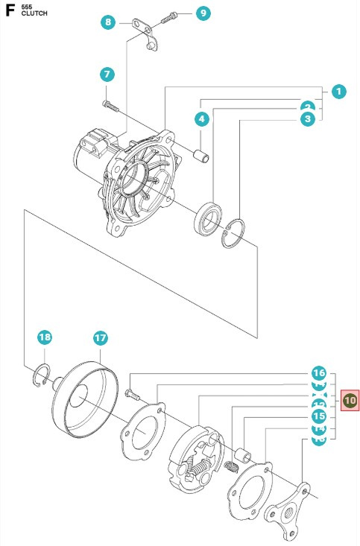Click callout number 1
pyautogui.click(x=338, y=92)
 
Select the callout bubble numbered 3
pyautogui.click(x=307, y=118)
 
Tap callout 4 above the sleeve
pyautogui.click(x=201, y=118)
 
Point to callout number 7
pyautogui.click(x=107, y=74)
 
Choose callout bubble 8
pyautogui.click(x=109, y=22)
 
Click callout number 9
pyautogui.click(x=203, y=13)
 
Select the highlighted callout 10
pyautogui.click(x=350, y=401)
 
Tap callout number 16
pyautogui.click(x=319, y=373)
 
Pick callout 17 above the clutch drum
pyautogui.click(x=101, y=337)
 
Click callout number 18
pyautogui.click(x=45, y=337)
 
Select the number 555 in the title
pyautogui.click(x=28, y=6)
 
